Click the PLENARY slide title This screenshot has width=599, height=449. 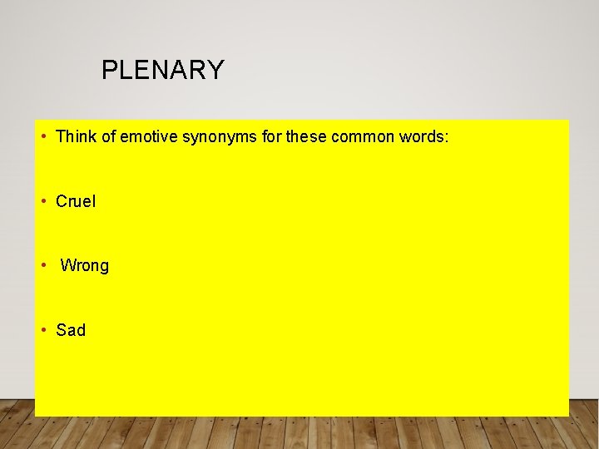[x=163, y=71]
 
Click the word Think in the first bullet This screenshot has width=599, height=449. [x=75, y=136]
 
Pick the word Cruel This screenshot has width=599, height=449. [x=76, y=201]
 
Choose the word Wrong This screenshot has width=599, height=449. [x=85, y=266]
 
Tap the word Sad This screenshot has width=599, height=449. [x=71, y=330]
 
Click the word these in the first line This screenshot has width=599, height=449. [x=306, y=136]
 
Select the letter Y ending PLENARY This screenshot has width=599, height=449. [x=216, y=71]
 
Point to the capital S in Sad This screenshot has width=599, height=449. [x=61, y=330]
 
